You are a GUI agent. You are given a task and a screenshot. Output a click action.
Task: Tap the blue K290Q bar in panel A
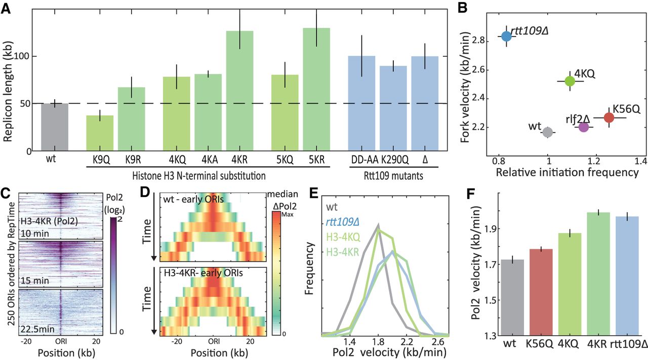click(393, 108)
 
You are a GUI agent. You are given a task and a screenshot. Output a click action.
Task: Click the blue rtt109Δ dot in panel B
click(506, 36)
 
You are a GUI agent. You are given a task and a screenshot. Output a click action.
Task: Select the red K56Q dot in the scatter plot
click(609, 117)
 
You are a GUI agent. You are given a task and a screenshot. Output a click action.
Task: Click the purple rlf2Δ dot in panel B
click(583, 127)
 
